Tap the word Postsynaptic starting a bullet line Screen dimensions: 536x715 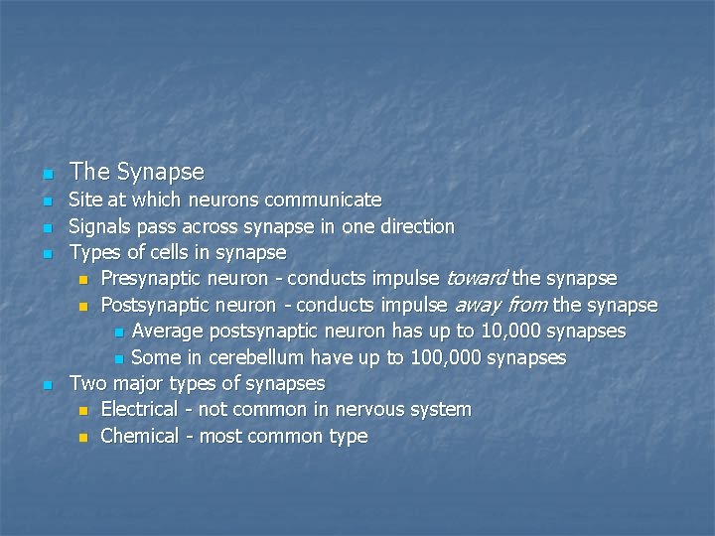point(150,304)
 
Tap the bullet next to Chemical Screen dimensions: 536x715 point(83,437)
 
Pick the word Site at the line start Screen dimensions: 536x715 point(85,201)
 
